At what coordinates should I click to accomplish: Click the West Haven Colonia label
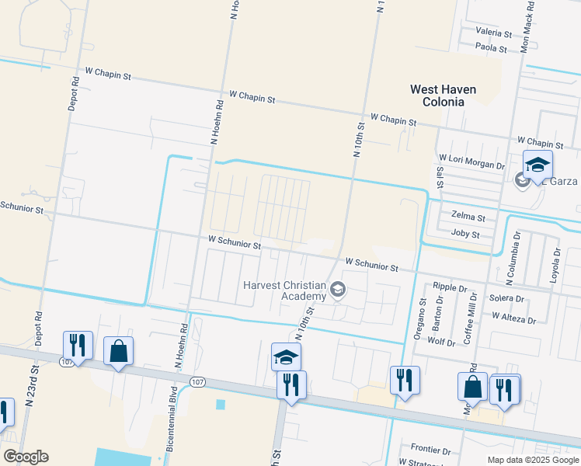coord(443,96)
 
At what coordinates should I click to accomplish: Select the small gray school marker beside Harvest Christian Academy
coord(337,290)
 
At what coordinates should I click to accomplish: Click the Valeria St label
coord(493,34)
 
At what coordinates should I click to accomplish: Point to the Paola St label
coord(491,48)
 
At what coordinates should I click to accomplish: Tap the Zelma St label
coord(468,218)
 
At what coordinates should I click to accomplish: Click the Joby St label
coord(465,234)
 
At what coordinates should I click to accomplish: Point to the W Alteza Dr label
coord(513,318)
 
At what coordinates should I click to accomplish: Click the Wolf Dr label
coord(440,341)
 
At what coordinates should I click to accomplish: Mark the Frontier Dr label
coord(431,450)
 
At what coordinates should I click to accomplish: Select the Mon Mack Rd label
coord(527,26)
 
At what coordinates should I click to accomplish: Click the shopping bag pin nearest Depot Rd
coord(118,351)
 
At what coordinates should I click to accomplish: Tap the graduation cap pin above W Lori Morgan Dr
coord(537,165)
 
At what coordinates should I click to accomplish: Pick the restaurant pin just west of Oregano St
coord(405,381)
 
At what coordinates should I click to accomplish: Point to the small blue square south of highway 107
coord(220,405)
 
